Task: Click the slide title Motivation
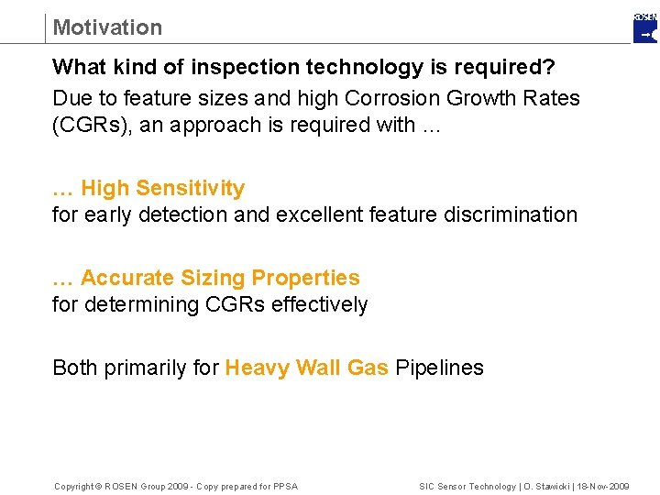click(107, 27)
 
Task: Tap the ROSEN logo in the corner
click(645, 28)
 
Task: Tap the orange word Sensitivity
click(190, 189)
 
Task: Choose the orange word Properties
click(305, 278)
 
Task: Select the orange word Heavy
click(257, 368)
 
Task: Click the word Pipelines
click(439, 368)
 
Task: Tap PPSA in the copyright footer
click(285, 486)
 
